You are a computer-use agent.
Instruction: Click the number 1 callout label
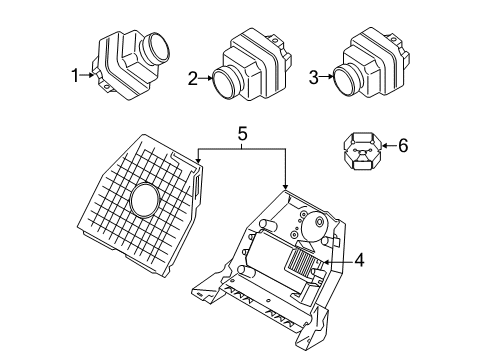coord(73,74)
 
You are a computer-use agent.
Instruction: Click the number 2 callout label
coord(191,78)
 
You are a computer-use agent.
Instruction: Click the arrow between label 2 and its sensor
coord(204,78)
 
